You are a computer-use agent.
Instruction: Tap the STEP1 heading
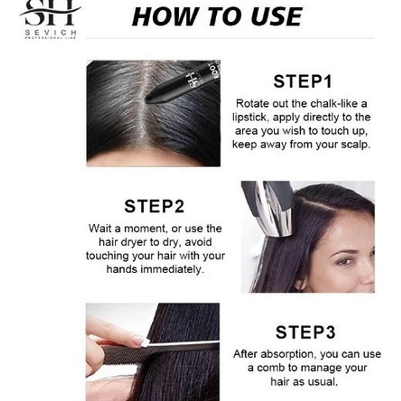(303, 82)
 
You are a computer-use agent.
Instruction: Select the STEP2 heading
(154, 206)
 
